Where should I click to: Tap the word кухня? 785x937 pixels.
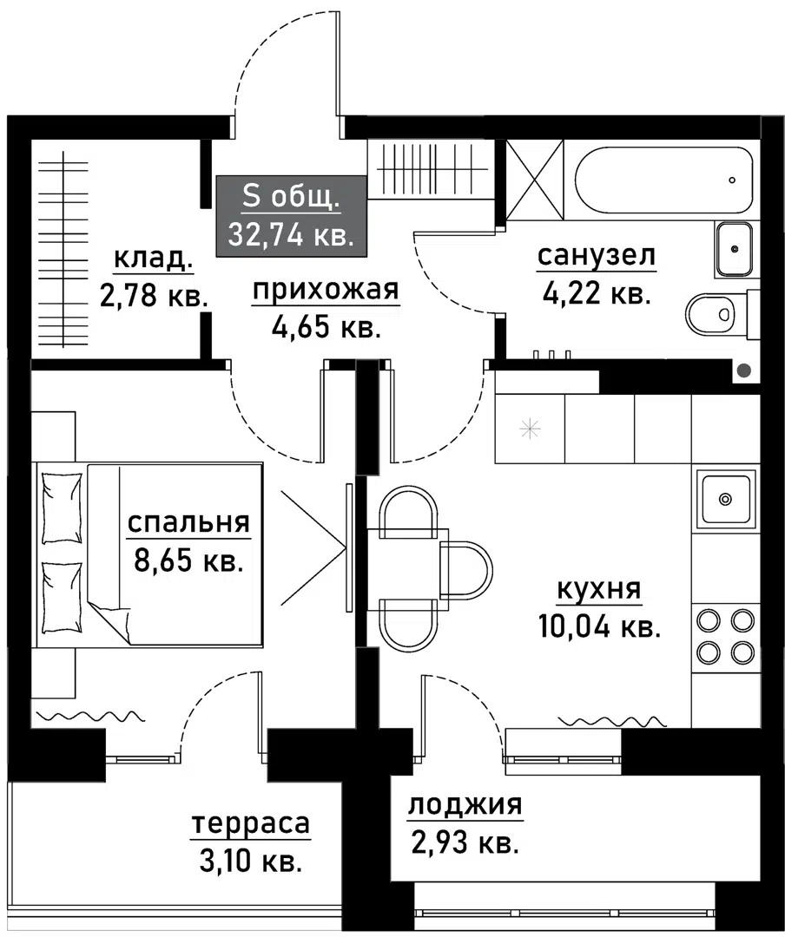pos(598,590)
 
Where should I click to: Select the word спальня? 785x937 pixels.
pos(188,522)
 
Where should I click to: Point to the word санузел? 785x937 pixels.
pos(596,256)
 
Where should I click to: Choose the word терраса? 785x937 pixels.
pos(250,823)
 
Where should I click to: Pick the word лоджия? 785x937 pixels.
pos(465,805)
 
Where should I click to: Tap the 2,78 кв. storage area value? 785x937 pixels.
pos(154,297)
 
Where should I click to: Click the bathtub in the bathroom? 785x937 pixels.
pos(663,180)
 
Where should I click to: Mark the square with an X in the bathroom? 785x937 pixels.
pos(533,180)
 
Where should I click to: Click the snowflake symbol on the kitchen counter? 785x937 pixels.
pos(529,428)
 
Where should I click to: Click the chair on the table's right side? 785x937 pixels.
pos(465,570)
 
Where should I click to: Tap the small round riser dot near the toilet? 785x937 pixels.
pos(743,370)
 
